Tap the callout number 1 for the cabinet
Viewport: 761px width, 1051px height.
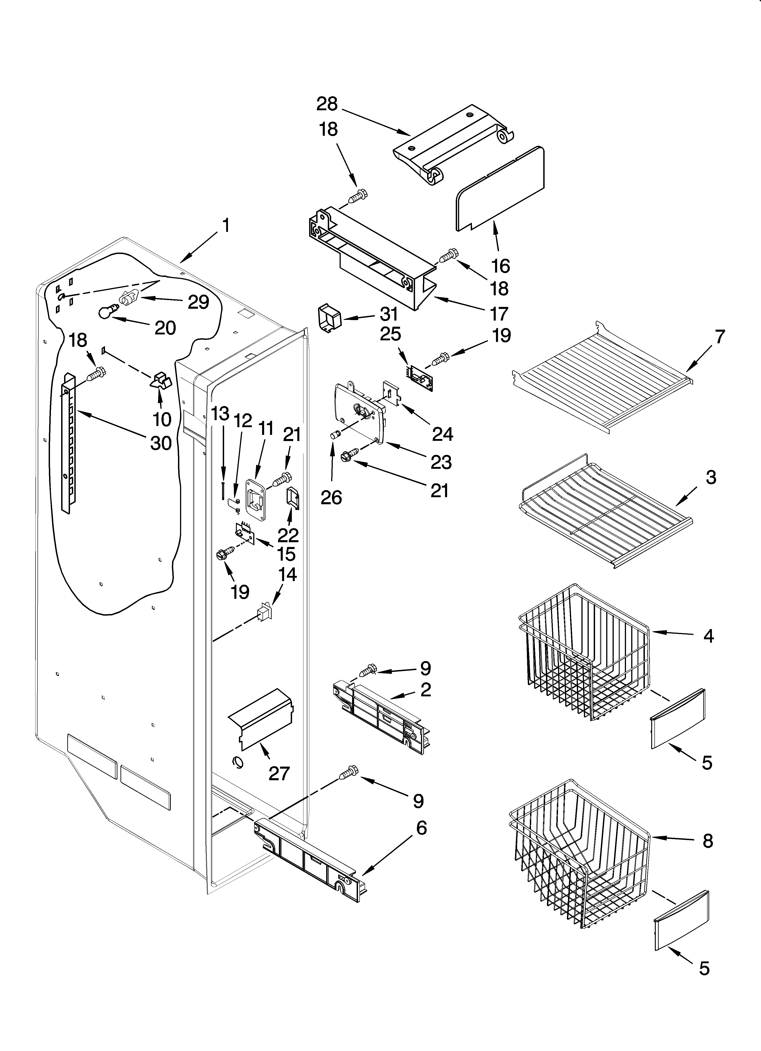click(226, 226)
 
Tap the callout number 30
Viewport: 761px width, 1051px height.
click(161, 444)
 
